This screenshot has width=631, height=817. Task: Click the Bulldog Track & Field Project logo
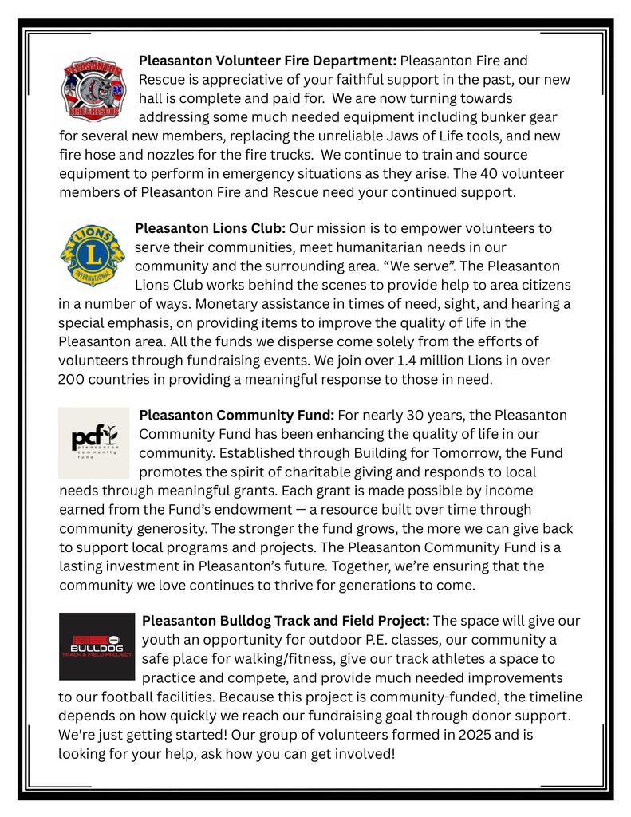(x=97, y=646)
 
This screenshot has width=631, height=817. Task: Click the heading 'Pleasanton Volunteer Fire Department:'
(x=267, y=61)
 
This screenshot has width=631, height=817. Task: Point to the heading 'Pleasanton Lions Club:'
(x=211, y=228)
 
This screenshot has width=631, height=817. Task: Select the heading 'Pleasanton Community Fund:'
(x=237, y=416)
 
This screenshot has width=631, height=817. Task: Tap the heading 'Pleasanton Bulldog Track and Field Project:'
(x=286, y=621)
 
